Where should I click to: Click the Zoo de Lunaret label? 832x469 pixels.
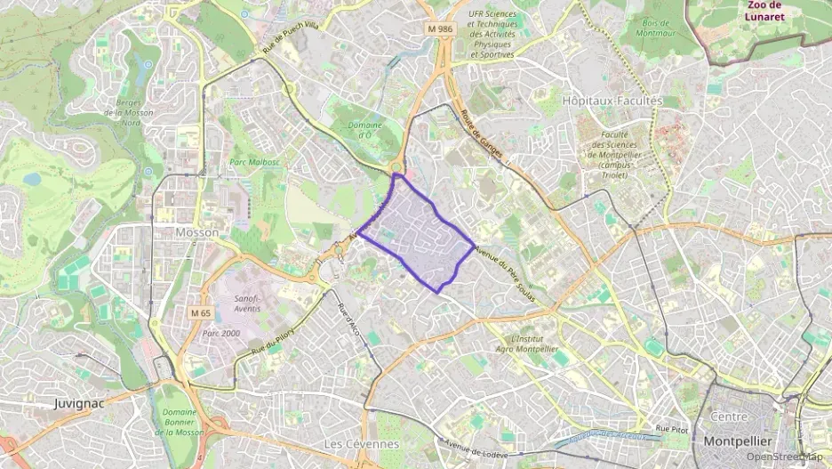coord(764,11)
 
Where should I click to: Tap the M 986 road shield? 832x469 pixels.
coord(439,29)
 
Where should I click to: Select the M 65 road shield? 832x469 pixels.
coord(200,313)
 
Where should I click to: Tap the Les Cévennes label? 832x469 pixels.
coord(361,443)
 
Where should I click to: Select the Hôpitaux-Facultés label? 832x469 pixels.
coord(612,101)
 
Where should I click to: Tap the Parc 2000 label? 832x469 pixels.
coord(221,333)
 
